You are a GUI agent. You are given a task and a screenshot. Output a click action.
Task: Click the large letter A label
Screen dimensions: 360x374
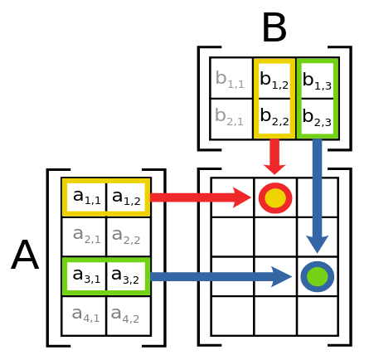tap(25, 255)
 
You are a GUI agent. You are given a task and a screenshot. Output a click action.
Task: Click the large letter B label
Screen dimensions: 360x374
tap(274, 29)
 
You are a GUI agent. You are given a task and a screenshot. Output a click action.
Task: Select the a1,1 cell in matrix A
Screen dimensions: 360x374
tap(85, 197)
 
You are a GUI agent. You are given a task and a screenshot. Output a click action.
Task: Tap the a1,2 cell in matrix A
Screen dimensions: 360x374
tap(126, 197)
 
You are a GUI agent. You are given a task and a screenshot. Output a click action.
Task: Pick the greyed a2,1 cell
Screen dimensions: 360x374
tap(85, 237)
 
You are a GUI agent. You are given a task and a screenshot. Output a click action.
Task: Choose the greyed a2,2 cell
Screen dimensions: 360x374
tap(126, 237)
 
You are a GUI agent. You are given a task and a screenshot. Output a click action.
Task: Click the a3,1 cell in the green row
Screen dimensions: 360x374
tap(85, 276)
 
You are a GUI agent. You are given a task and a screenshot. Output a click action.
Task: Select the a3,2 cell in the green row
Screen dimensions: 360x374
tap(126, 276)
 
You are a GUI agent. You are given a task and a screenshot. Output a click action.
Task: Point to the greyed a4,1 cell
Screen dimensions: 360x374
tap(85, 315)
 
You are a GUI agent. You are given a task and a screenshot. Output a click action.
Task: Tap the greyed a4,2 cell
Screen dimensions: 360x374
tap(126, 315)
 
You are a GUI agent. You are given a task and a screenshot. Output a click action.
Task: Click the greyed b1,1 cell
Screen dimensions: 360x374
tap(231, 79)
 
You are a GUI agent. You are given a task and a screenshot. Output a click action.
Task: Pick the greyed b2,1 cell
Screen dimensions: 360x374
tap(231, 117)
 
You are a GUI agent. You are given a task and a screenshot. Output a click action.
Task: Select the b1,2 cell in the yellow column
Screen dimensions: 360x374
tap(274, 79)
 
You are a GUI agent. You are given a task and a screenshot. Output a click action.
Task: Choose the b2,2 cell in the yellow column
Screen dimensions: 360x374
tap(274, 117)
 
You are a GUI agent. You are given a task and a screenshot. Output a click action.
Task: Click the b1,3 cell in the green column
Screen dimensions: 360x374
tap(317, 79)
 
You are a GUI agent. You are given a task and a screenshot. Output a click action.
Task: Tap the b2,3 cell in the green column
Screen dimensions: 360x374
tap(317, 117)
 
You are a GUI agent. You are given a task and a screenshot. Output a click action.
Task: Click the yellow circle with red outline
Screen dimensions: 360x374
tap(275, 198)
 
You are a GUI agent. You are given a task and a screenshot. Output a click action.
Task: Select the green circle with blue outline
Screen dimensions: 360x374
tap(317, 276)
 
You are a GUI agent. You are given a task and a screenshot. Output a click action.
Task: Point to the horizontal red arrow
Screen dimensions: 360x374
tap(199, 197)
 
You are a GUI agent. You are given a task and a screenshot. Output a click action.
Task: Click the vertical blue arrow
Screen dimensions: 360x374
tap(317, 195)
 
